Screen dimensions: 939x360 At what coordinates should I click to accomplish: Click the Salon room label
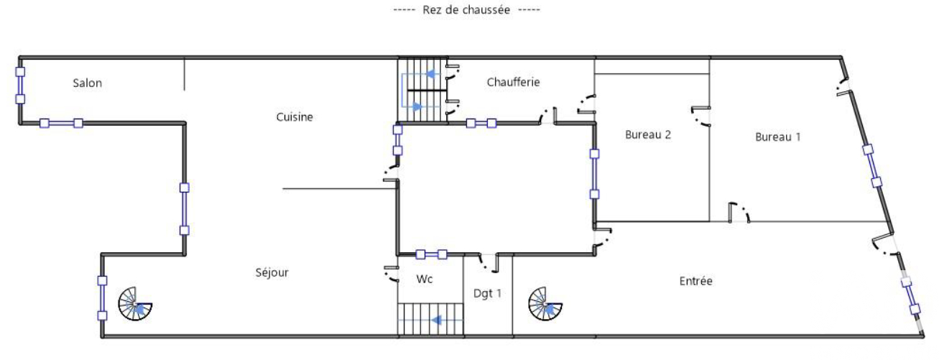[87, 83]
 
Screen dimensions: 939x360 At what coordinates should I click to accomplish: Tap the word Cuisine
[295, 117]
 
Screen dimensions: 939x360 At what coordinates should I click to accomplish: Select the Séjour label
[272, 273]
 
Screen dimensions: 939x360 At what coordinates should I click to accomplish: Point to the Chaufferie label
[513, 82]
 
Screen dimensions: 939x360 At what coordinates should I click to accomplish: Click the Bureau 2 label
[647, 134]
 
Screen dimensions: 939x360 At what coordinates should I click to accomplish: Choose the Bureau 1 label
[777, 137]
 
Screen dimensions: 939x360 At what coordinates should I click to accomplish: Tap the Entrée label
[696, 281]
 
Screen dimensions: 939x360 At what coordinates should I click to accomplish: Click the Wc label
[424, 279]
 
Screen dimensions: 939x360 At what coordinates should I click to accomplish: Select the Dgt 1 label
[487, 293]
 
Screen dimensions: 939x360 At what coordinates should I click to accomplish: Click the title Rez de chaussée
[466, 10]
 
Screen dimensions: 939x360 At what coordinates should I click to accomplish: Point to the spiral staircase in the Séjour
[135, 304]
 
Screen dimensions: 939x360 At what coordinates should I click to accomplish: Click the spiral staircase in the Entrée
[545, 304]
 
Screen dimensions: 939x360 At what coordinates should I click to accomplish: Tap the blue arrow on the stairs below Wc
[436, 320]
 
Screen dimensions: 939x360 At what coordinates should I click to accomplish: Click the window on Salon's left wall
[20, 86]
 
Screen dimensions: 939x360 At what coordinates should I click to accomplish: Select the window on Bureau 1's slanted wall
[872, 166]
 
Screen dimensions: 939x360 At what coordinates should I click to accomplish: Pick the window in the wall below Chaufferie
[481, 124]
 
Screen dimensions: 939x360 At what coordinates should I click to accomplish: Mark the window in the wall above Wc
[431, 254]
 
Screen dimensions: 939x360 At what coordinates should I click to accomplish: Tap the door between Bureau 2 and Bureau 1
[700, 116]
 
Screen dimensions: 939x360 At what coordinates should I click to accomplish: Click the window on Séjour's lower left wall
[102, 298]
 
